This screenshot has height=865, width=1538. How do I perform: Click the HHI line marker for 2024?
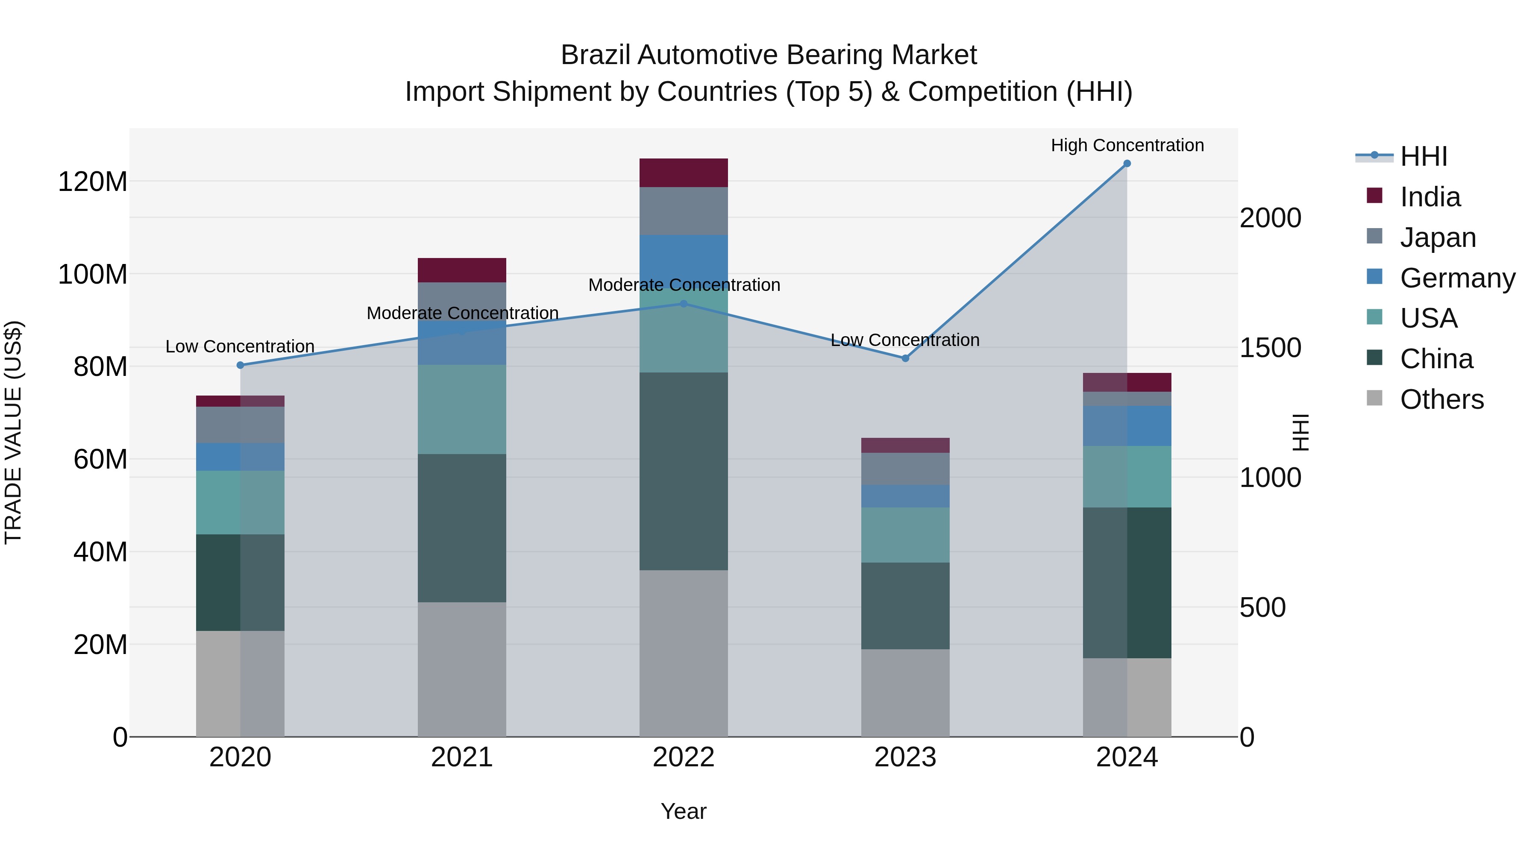1127,164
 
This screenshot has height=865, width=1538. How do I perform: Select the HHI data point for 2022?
684,304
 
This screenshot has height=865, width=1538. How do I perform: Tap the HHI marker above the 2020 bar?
240,365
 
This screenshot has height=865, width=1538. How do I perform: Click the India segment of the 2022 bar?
684,173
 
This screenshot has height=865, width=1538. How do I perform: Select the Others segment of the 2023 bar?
905,692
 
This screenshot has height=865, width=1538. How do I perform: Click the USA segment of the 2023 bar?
905,535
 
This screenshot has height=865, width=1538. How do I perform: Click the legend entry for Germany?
1457,278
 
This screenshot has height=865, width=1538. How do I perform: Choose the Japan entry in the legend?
1438,238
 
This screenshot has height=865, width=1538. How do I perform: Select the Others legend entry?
1441,399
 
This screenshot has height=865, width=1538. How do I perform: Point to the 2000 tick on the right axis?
1270,218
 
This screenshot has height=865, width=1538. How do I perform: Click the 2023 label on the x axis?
905,757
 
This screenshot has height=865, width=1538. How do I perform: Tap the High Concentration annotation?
1127,145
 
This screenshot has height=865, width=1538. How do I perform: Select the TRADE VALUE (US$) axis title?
13,432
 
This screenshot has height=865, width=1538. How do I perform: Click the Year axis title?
684,811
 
